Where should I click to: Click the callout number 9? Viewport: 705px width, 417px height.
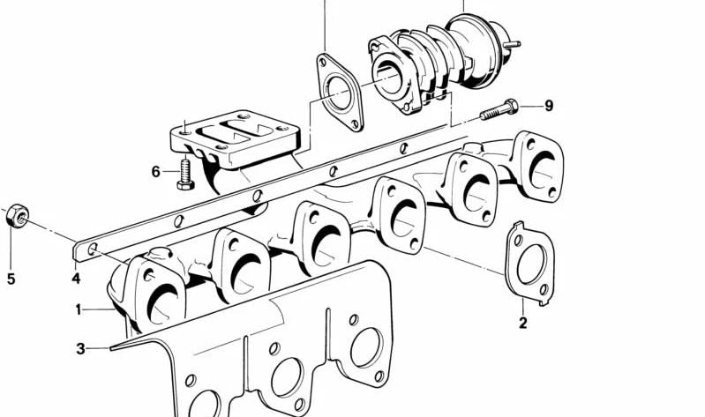tap(549, 106)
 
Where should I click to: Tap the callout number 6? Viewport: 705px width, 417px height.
tap(155, 172)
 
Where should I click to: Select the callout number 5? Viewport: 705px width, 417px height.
tap(11, 279)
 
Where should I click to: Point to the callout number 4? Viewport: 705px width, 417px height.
tap(76, 279)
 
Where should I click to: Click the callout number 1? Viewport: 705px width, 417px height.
tap(79, 309)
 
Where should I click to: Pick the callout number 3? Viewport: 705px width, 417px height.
tap(80, 349)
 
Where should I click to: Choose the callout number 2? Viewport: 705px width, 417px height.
tap(522, 323)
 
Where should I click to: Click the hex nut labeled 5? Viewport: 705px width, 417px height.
tap(18, 216)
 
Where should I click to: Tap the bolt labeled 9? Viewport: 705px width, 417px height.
tap(499, 109)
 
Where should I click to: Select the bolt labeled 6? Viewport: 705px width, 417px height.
tap(185, 175)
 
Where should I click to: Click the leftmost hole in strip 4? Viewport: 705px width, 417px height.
tap(93, 248)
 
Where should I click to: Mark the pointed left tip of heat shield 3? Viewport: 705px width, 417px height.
tap(110, 348)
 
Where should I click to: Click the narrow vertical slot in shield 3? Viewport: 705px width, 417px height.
tap(328, 333)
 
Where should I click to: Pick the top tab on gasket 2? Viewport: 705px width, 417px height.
tap(519, 225)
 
